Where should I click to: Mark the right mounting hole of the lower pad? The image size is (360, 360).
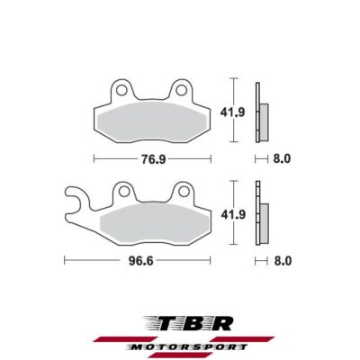[x=182, y=191]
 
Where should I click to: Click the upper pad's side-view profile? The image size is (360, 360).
[x=262, y=112]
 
